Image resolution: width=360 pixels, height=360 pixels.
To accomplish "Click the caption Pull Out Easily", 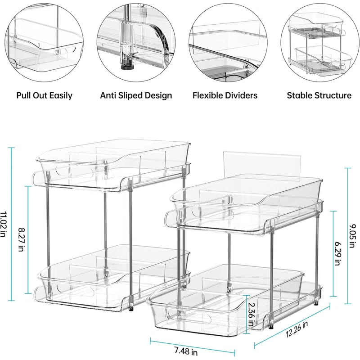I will pyautogui.click(x=44, y=95).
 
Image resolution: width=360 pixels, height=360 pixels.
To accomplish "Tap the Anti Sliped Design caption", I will pyautogui.click(x=136, y=95).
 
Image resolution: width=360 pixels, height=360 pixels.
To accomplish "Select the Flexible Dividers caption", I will pyautogui.click(x=225, y=95).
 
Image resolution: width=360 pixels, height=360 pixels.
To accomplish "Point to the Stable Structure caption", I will pyautogui.click(x=319, y=95).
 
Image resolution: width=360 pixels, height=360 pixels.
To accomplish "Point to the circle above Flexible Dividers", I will pyautogui.click(x=225, y=42).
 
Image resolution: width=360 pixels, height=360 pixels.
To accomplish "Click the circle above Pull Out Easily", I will pyautogui.click(x=44, y=42).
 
